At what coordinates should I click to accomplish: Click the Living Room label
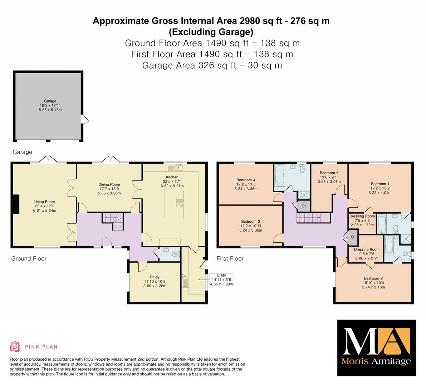pyautogui.click(x=44, y=202)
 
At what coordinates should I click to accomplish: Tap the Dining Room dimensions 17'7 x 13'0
pyautogui.click(x=109, y=189)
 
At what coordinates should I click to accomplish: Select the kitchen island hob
pyautogui.click(x=180, y=203)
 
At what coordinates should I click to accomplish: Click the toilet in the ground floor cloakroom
pyautogui.click(x=176, y=254)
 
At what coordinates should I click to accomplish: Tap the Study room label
pyautogui.click(x=155, y=277)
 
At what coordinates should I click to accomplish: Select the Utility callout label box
pyautogui.click(x=221, y=279)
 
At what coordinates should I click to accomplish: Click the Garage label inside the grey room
pyautogui.click(x=50, y=101)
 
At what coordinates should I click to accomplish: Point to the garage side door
pyautogui.click(x=85, y=119)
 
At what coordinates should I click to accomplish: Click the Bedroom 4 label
pyautogui.click(x=246, y=180)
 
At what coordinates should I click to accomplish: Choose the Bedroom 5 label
pyautogui.click(x=329, y=173)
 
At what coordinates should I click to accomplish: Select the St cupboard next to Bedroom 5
pyautogui.click(x=304, y=206)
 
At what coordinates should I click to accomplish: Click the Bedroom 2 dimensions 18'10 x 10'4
pyautogui.click(x=373, y=283)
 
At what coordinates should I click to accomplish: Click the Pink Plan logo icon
pyautogui.click(x=15, y=346)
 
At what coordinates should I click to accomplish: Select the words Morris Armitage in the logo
pyautogui.click(x=376, y=361)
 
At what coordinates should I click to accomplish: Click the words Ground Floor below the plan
pyautogui.click(x=29, y=258)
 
